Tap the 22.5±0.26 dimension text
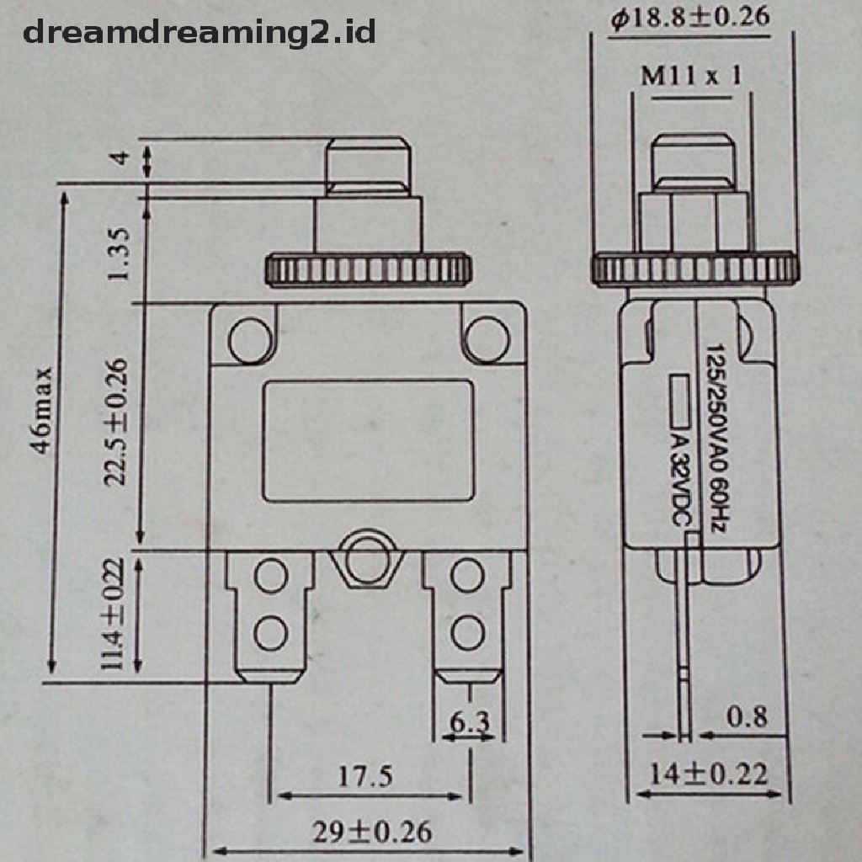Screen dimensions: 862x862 [117, 421]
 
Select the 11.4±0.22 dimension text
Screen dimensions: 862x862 [113, 615]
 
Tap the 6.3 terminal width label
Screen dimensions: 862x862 [470, 721]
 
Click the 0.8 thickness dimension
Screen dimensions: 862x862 [747, 716]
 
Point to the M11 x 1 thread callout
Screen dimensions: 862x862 [691, 77]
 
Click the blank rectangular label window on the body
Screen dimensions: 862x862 [367, 440]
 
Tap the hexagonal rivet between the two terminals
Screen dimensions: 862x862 [366, 560]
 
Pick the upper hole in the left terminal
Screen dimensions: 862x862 [271, 577]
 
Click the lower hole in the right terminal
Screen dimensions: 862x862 [466, 631]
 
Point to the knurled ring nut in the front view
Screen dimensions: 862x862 [367, 269]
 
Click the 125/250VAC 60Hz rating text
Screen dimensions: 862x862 [716, 437]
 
